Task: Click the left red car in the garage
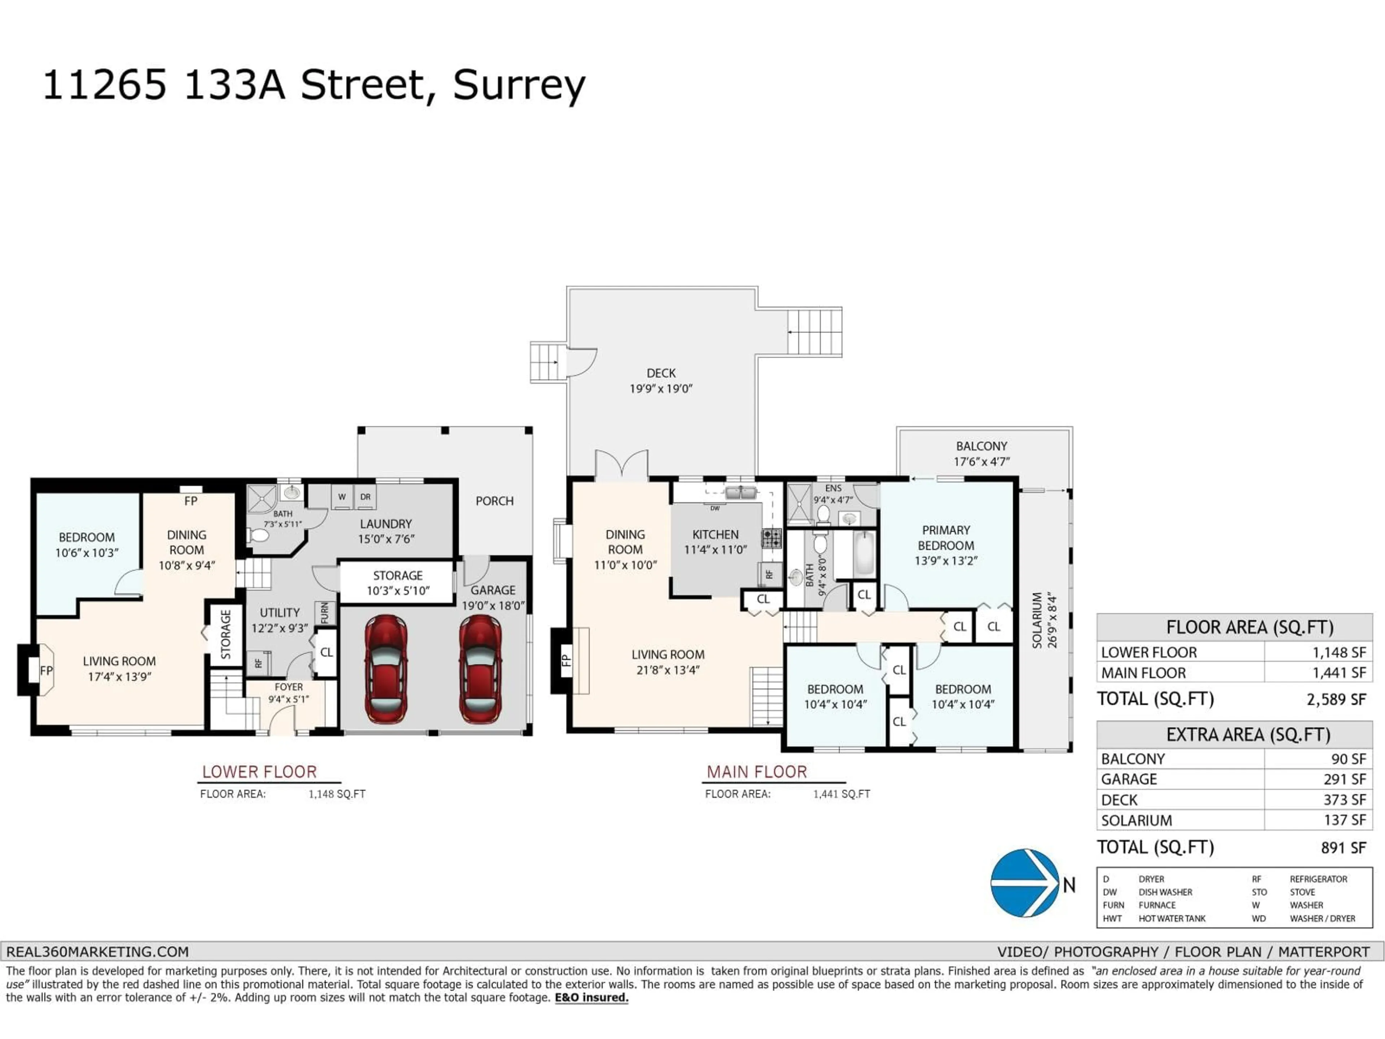386,669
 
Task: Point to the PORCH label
494,501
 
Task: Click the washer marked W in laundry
342,497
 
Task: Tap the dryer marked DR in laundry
365,497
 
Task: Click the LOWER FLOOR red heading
259,772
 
